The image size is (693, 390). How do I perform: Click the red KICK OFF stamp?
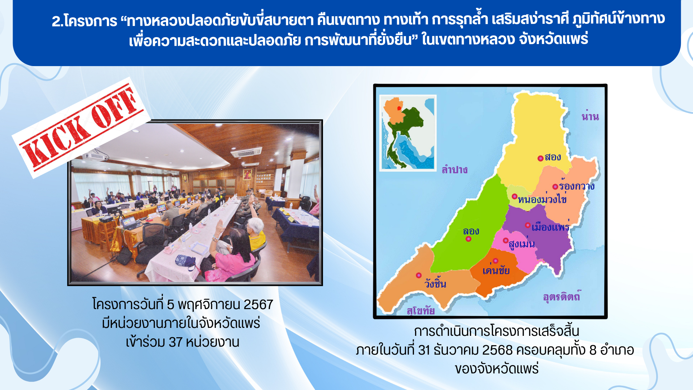click(x=81, y=127)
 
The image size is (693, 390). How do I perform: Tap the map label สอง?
click(x=553, y=157)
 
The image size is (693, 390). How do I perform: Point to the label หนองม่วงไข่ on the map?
click(x=542, y=199)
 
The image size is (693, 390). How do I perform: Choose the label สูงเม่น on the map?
click(x=522, y=244)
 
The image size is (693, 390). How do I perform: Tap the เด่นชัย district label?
click(x=496, y=270)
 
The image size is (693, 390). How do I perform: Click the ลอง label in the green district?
click(x=471, y=231)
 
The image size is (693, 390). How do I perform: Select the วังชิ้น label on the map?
click(x=435, y=283)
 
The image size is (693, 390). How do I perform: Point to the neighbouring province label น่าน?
click(x=590, y=116)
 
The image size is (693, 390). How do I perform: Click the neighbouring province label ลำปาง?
click(x=454, y=169)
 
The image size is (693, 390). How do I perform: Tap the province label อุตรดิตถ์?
click(x=562, y=296)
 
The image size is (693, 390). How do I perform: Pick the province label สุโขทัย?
click(x=420, y=311)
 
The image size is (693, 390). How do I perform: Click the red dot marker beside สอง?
click(x=540, y=158)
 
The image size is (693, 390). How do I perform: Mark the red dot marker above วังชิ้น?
click(x=419, y=275)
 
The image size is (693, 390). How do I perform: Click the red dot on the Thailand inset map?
click(x=399, y=108)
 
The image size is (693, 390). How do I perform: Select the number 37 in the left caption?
click(x=176, y=342)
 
